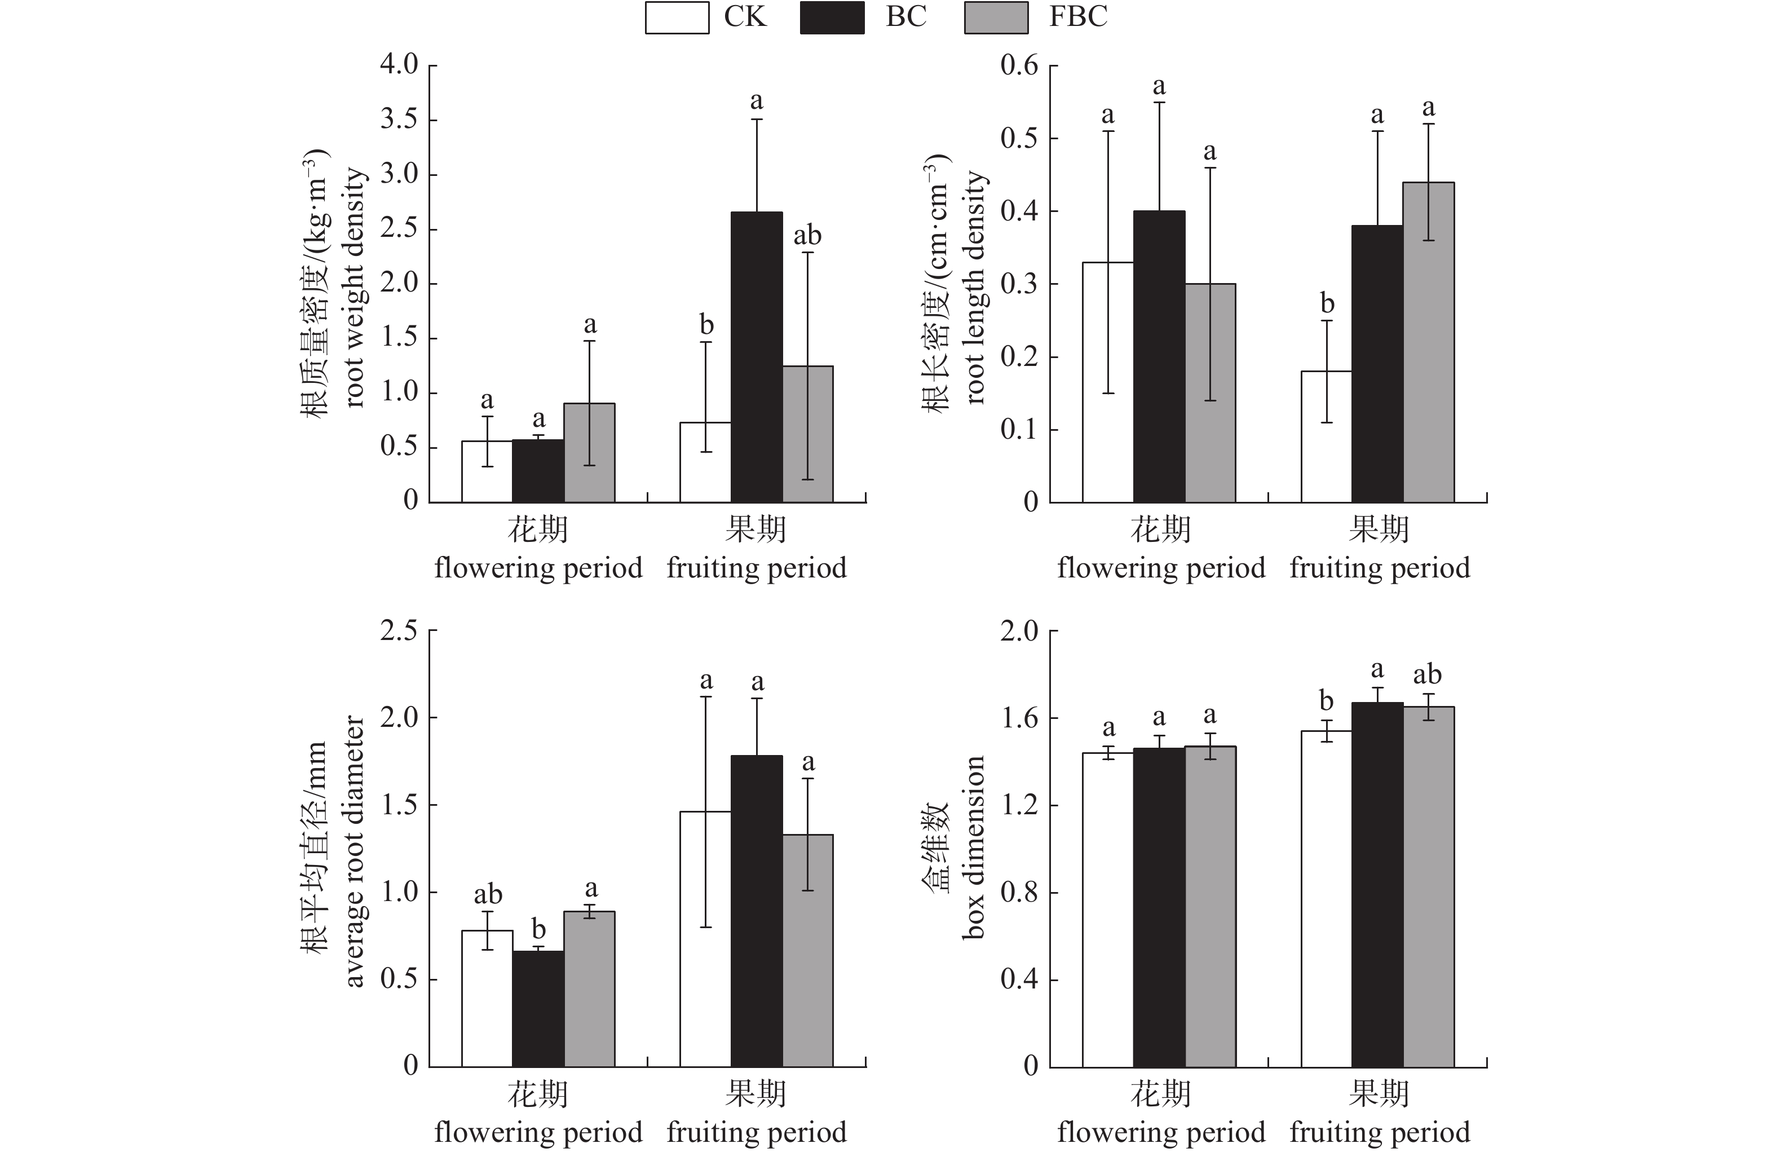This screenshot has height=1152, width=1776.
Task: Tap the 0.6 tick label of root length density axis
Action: point(1019,65)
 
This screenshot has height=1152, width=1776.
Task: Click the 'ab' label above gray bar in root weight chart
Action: point(807,236)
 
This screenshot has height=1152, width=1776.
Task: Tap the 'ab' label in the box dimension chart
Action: point(1427,674)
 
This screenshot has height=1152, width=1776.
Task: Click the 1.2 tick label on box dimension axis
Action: point(1019,806)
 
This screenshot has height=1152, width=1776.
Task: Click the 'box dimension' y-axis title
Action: point(973,848)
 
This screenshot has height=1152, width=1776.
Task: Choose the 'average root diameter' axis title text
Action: point(354,850)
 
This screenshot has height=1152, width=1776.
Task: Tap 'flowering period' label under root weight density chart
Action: point(538,568)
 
